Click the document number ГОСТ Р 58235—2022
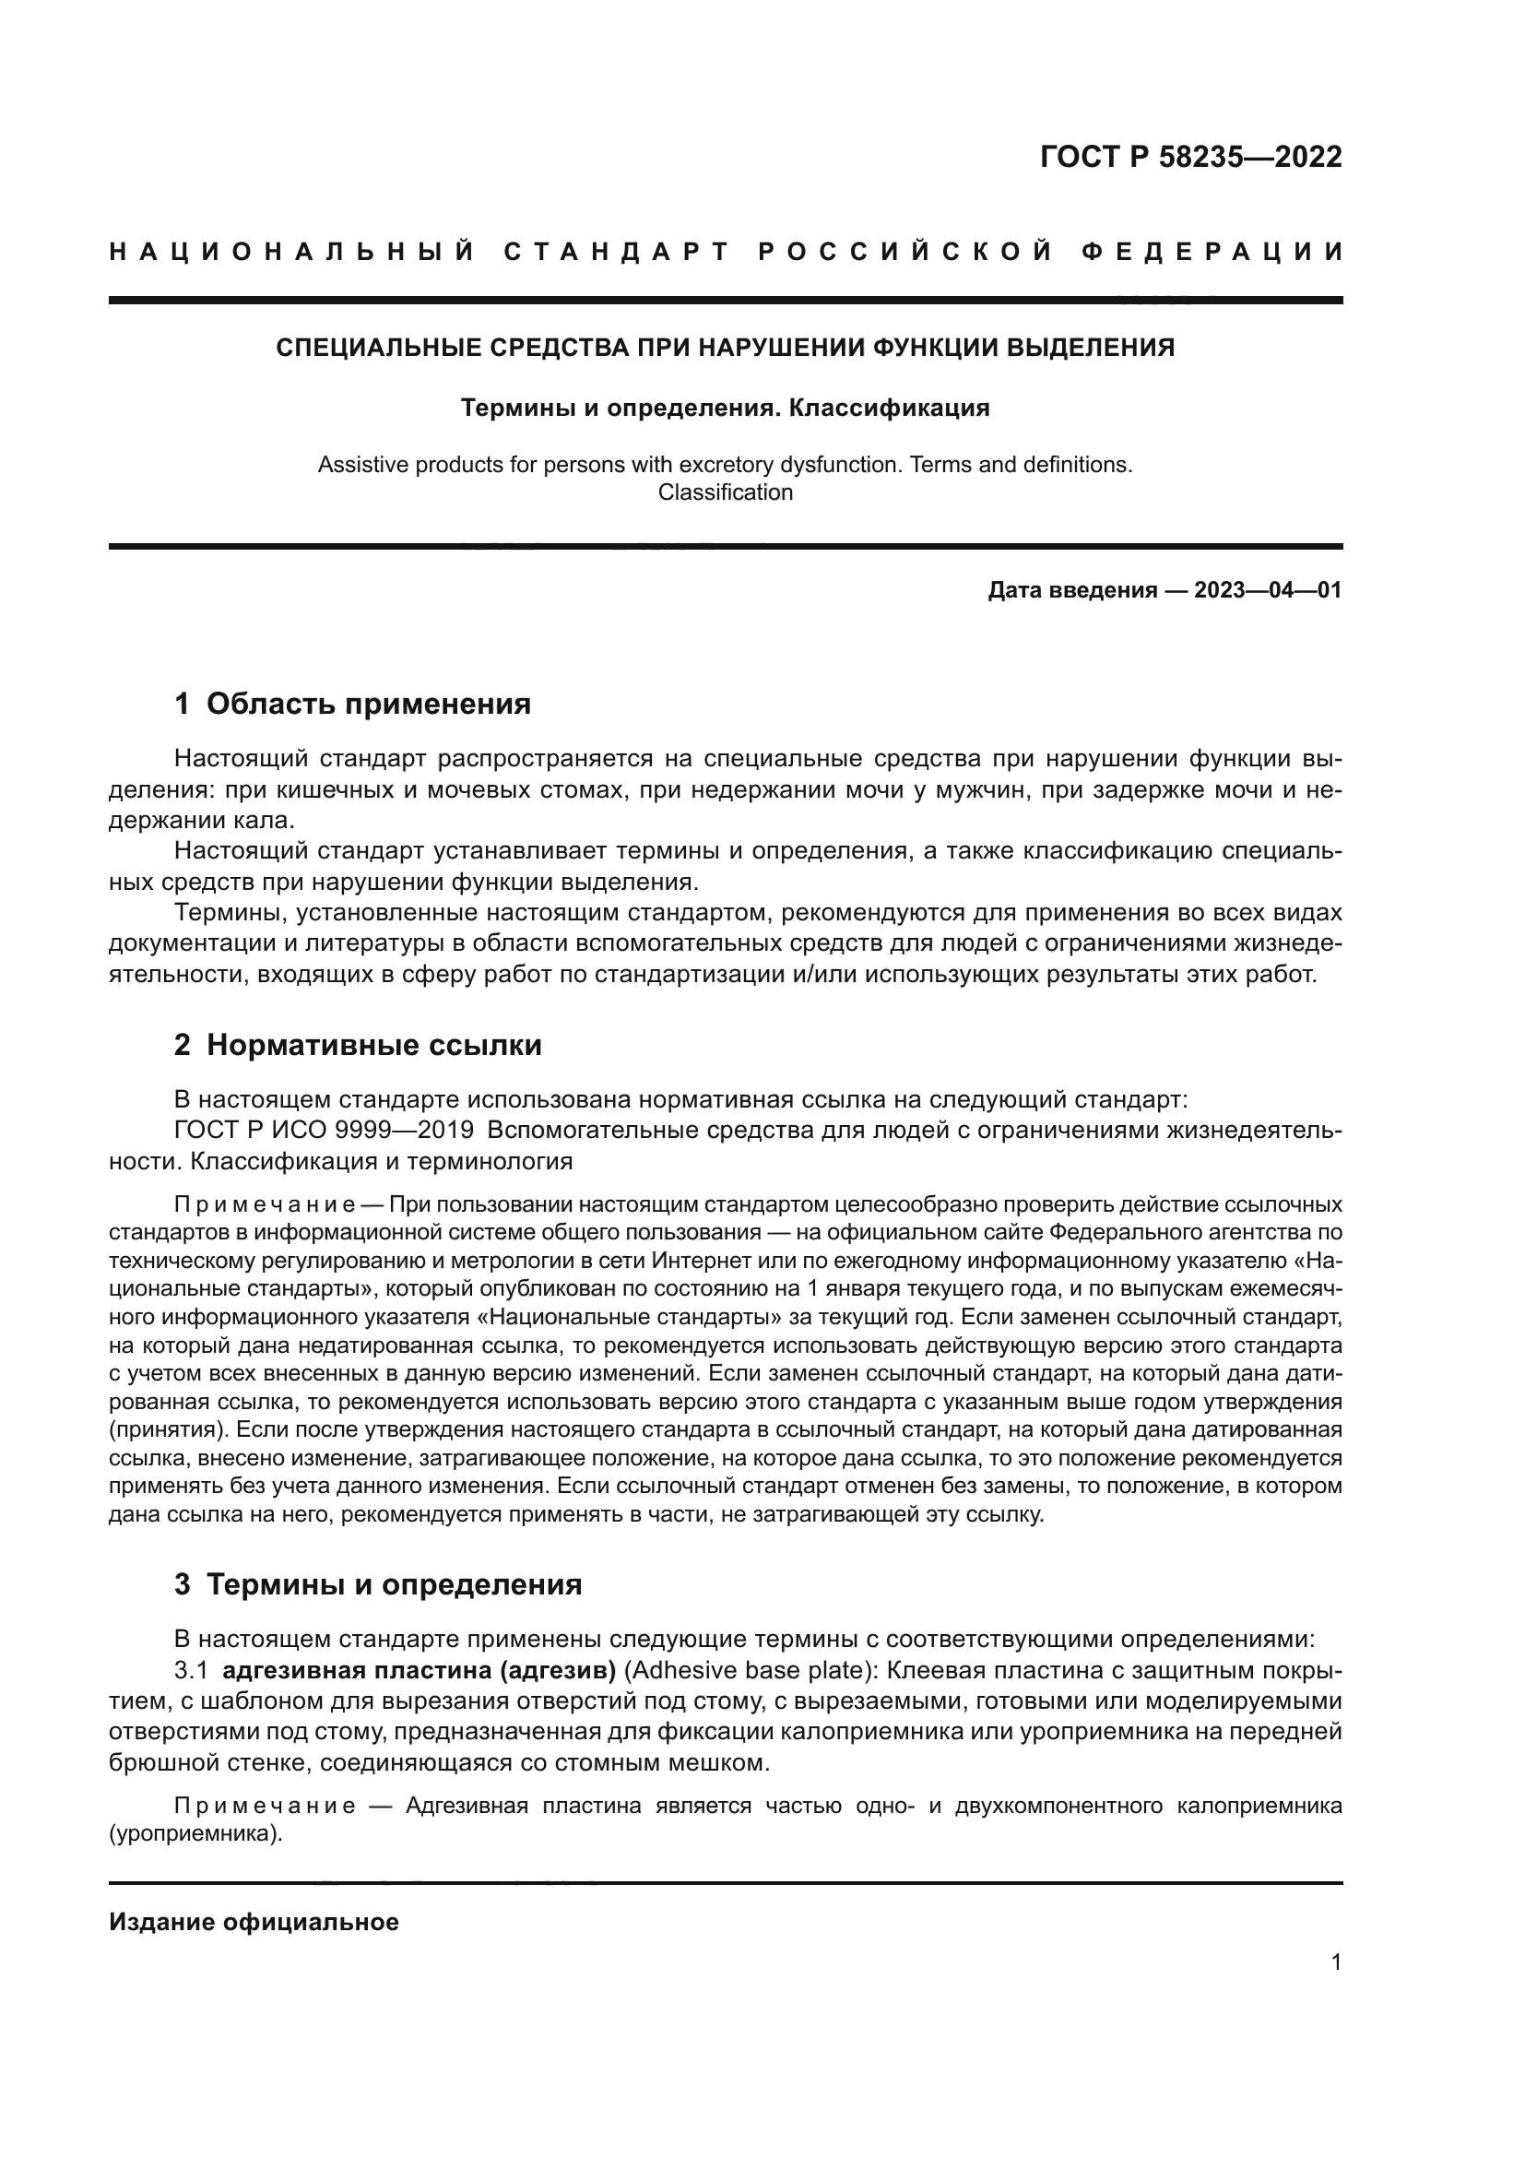pyautogui.click(x=1189, y=156)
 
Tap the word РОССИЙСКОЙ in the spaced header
pyautogui.click(x=905, y=252)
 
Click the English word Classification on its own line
pyautogui.click(x=725, y=492)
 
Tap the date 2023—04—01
pyautogui.click(x=1267, y=590)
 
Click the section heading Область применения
pyautogui.click(x=368, y=704)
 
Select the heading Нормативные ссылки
pyautogui.click(x=373, y=1046)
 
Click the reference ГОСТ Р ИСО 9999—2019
pyautogui.click(x=323, y=1131)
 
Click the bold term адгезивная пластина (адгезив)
pyautogui.click(x=419, y=1670)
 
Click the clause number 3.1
pyautogui.click(x=190, y=1670)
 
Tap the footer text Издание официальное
pyautogui.click(x=254, y=1922)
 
